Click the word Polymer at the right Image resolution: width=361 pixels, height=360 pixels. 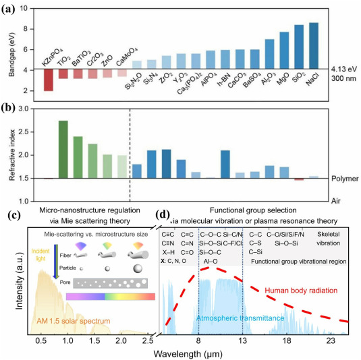(x=345, y=180)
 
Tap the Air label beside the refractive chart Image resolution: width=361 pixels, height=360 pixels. (x=338, y=200)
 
